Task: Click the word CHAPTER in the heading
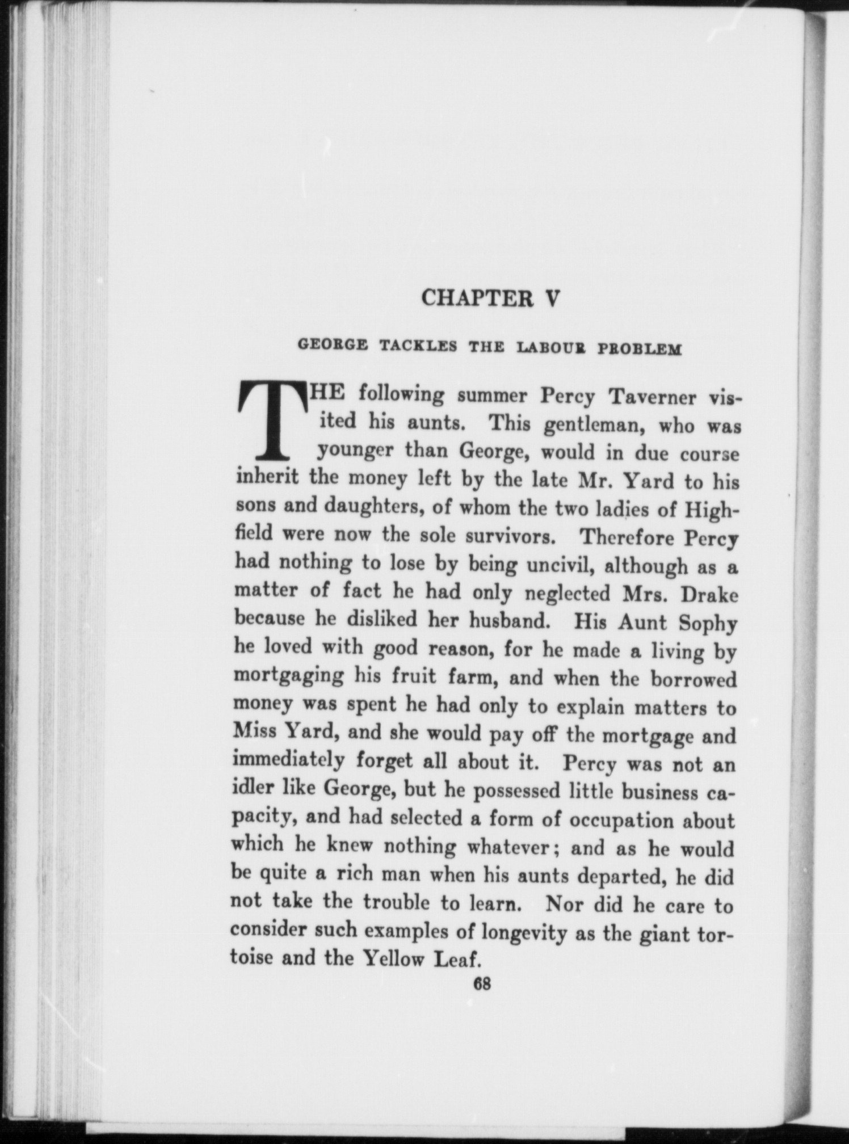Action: [x=476, y=298]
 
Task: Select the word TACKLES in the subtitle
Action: [x=418, y=346]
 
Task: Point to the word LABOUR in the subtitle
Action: [x=550, y=347]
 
